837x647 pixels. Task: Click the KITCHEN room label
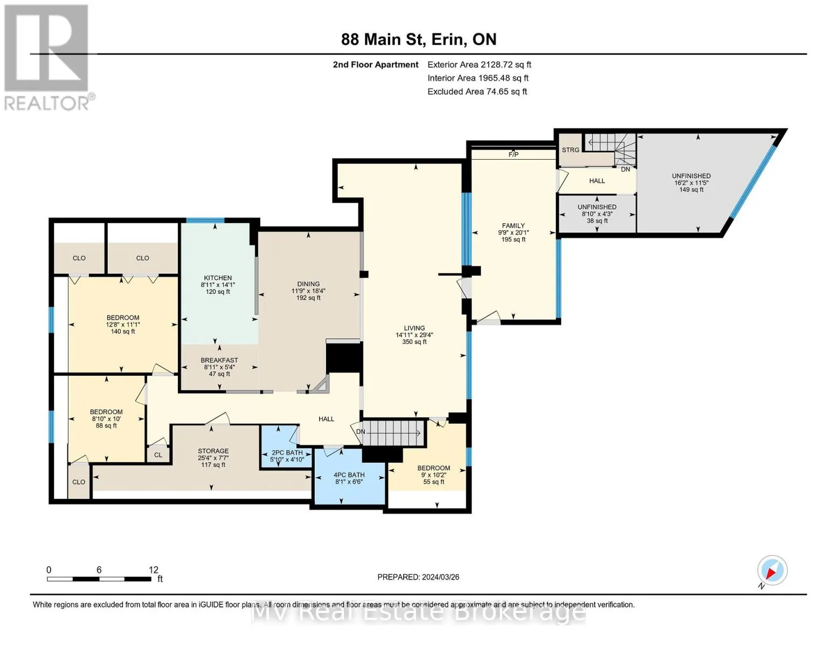pos(218,278)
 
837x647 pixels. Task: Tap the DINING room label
pos(308,284)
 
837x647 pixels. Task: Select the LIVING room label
pos(414,328)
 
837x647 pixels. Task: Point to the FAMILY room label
pos(513,225)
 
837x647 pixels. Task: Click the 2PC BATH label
pos(287,452)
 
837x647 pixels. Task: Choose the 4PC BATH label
pos(349,475)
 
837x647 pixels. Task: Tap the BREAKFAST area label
pos(219,360)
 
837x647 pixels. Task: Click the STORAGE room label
pos(213,451)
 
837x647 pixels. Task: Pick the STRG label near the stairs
pos(570,150)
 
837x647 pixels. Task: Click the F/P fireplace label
pos(514,155)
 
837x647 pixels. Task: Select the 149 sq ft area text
pos(691,190)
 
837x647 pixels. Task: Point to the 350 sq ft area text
pos(414,342)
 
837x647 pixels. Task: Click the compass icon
pos(772,570)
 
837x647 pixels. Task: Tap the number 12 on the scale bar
pos(154,569)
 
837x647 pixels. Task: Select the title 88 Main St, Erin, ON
pos(419,39)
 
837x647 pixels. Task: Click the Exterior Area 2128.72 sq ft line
pos(479,65)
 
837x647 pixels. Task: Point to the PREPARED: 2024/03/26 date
pos(418,577)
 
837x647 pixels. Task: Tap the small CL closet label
pos(158,455)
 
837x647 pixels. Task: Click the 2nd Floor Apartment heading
pos(376,65)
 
